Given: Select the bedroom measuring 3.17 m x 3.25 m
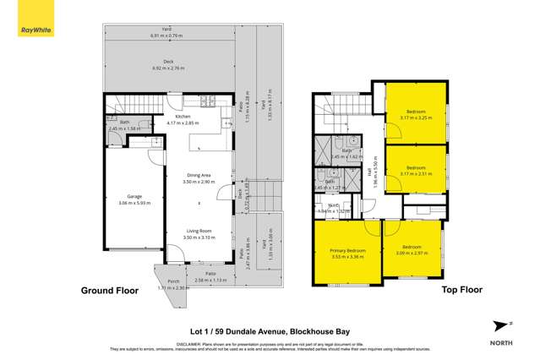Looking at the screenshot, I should (x=416, y=115).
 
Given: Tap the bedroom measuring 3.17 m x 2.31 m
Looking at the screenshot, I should (x=416, y=171).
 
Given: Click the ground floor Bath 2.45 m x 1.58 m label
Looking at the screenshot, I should (x=123, y=124).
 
